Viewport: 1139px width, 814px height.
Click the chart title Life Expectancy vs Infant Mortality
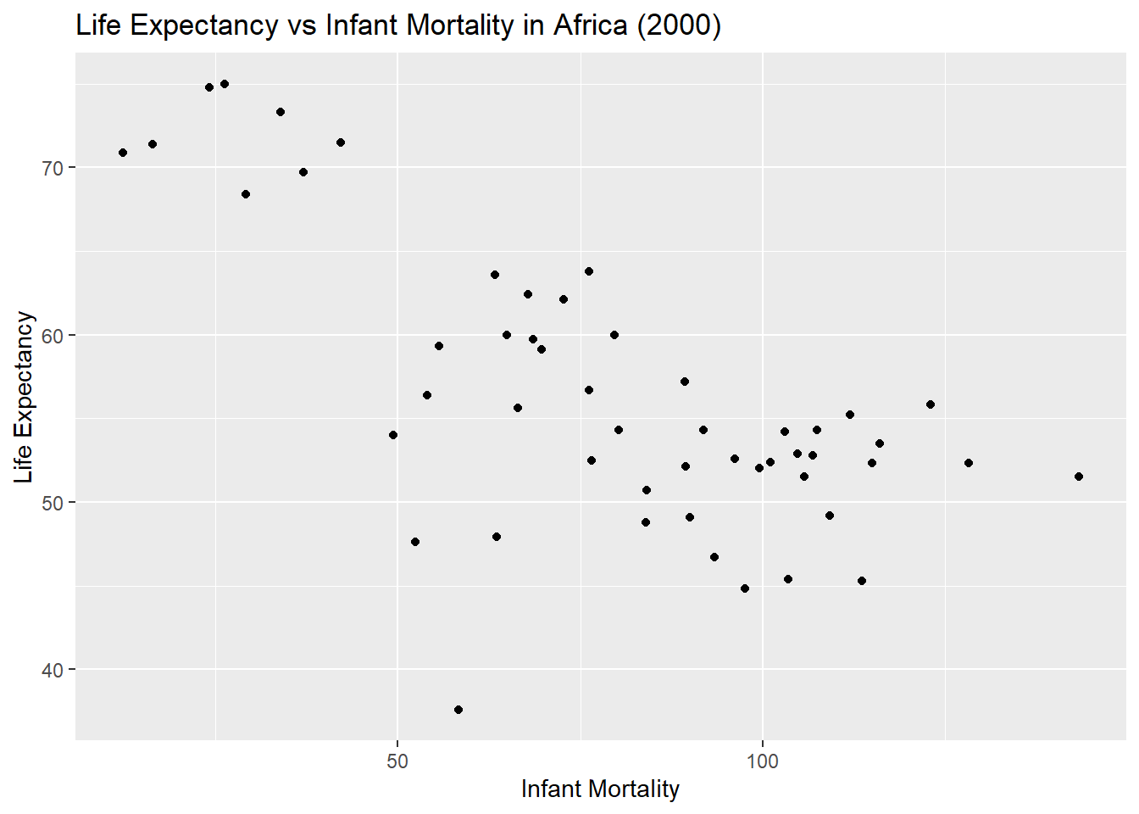tap(398, 25)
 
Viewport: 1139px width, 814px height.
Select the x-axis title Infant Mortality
tap(600, 789)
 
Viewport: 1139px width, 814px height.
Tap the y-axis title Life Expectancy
tap(24, 397)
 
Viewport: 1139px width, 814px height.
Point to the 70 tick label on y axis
tap(53, 168)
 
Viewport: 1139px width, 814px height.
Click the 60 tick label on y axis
tap(53, 336)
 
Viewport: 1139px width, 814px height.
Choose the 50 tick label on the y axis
tap(53, 503)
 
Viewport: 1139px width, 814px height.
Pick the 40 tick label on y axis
tap(53, 670)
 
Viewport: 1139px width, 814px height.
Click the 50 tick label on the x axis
tap(397, 761)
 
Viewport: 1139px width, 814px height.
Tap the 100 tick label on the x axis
tap(763, 761)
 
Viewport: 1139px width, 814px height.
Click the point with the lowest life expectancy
tap(458, 710)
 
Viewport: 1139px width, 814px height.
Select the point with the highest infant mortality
tap(1079, 477)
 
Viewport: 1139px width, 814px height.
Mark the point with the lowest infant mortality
tap(123, 153)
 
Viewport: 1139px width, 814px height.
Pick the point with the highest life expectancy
tap(225, 84)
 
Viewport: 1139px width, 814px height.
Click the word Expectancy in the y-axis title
tap(24, 372)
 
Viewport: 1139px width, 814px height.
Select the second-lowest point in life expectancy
tap(745, 588)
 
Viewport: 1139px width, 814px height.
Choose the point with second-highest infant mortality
tap(969, 463)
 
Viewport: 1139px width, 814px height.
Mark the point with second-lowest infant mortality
tap(153, 144)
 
